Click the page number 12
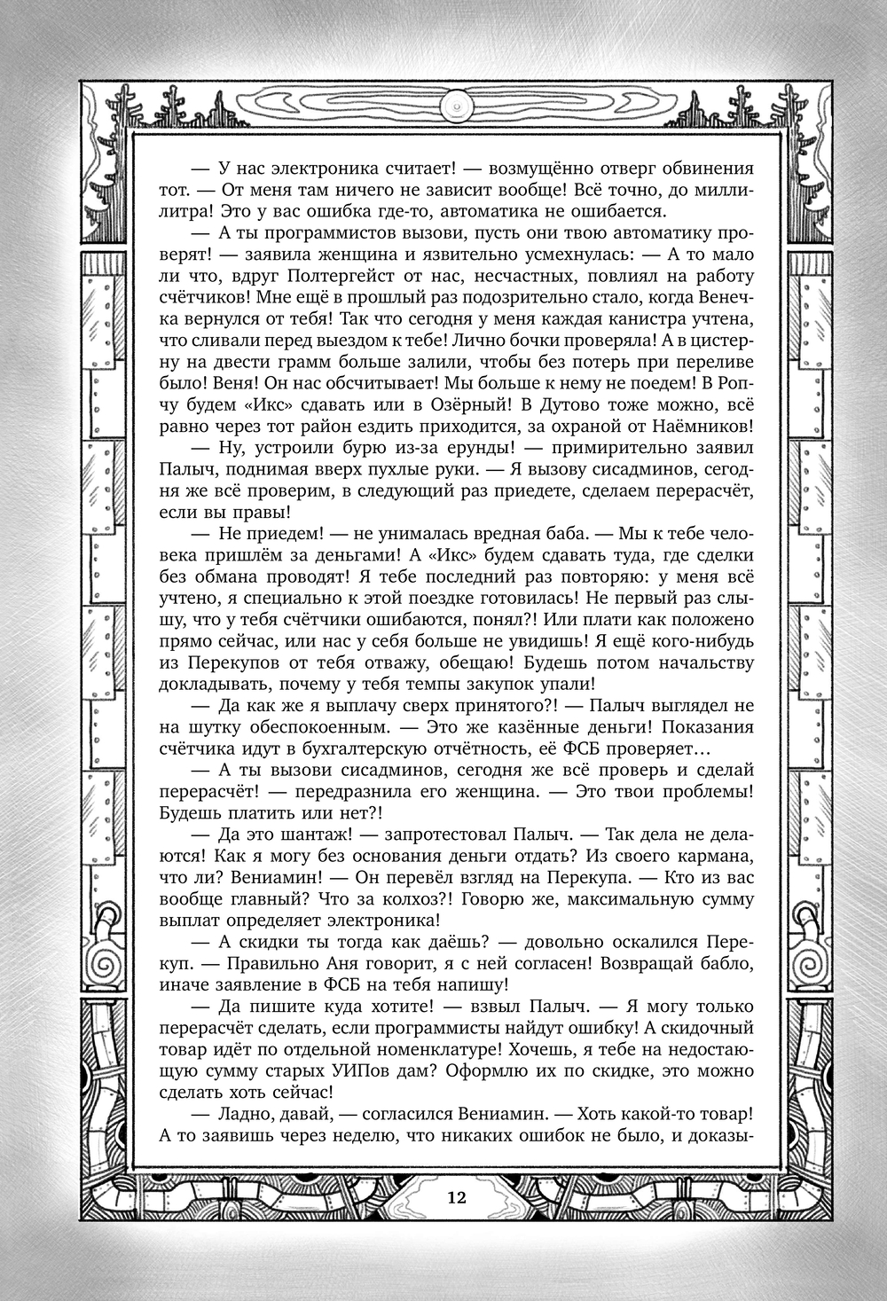pyautogui.click(x=457, y=1197)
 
